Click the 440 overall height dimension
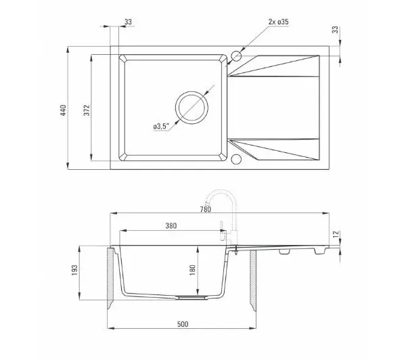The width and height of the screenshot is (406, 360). [x=63, y=110]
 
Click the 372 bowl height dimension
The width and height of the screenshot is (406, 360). [x=87, y=110]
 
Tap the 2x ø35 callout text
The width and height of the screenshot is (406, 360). [x=278, y=22]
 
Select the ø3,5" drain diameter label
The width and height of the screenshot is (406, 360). [x=161, y=127]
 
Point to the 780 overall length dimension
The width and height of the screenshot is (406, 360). [x=206, y=209]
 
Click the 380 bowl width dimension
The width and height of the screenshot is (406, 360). [x=171, y=226]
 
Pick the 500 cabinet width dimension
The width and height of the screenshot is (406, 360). [x=183, y=324]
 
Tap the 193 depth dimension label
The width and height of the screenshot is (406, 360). [x=74, y=270]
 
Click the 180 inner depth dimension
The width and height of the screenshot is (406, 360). [x=193, y=270]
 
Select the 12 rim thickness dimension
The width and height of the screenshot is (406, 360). [x=336, y=234]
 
